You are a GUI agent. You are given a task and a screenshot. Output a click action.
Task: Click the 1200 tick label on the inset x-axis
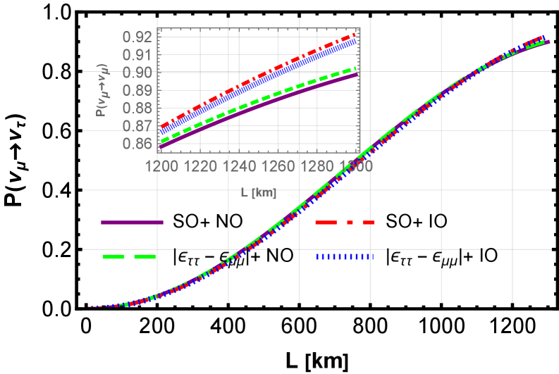coord(161,166)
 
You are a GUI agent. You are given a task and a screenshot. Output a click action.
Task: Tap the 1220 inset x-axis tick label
coord(201,166)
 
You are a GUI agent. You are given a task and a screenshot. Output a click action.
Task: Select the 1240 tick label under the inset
coord(240,166)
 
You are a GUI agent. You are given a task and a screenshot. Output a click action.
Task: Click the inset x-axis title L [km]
coord(258,192)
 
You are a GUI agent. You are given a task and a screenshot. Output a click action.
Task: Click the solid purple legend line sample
coord(132,223)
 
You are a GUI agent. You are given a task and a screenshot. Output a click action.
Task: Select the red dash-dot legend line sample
coord(345,223)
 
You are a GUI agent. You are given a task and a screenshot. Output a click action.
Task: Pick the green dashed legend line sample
coord(129,257)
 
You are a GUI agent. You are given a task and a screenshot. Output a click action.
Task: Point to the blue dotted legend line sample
coord(345,257)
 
